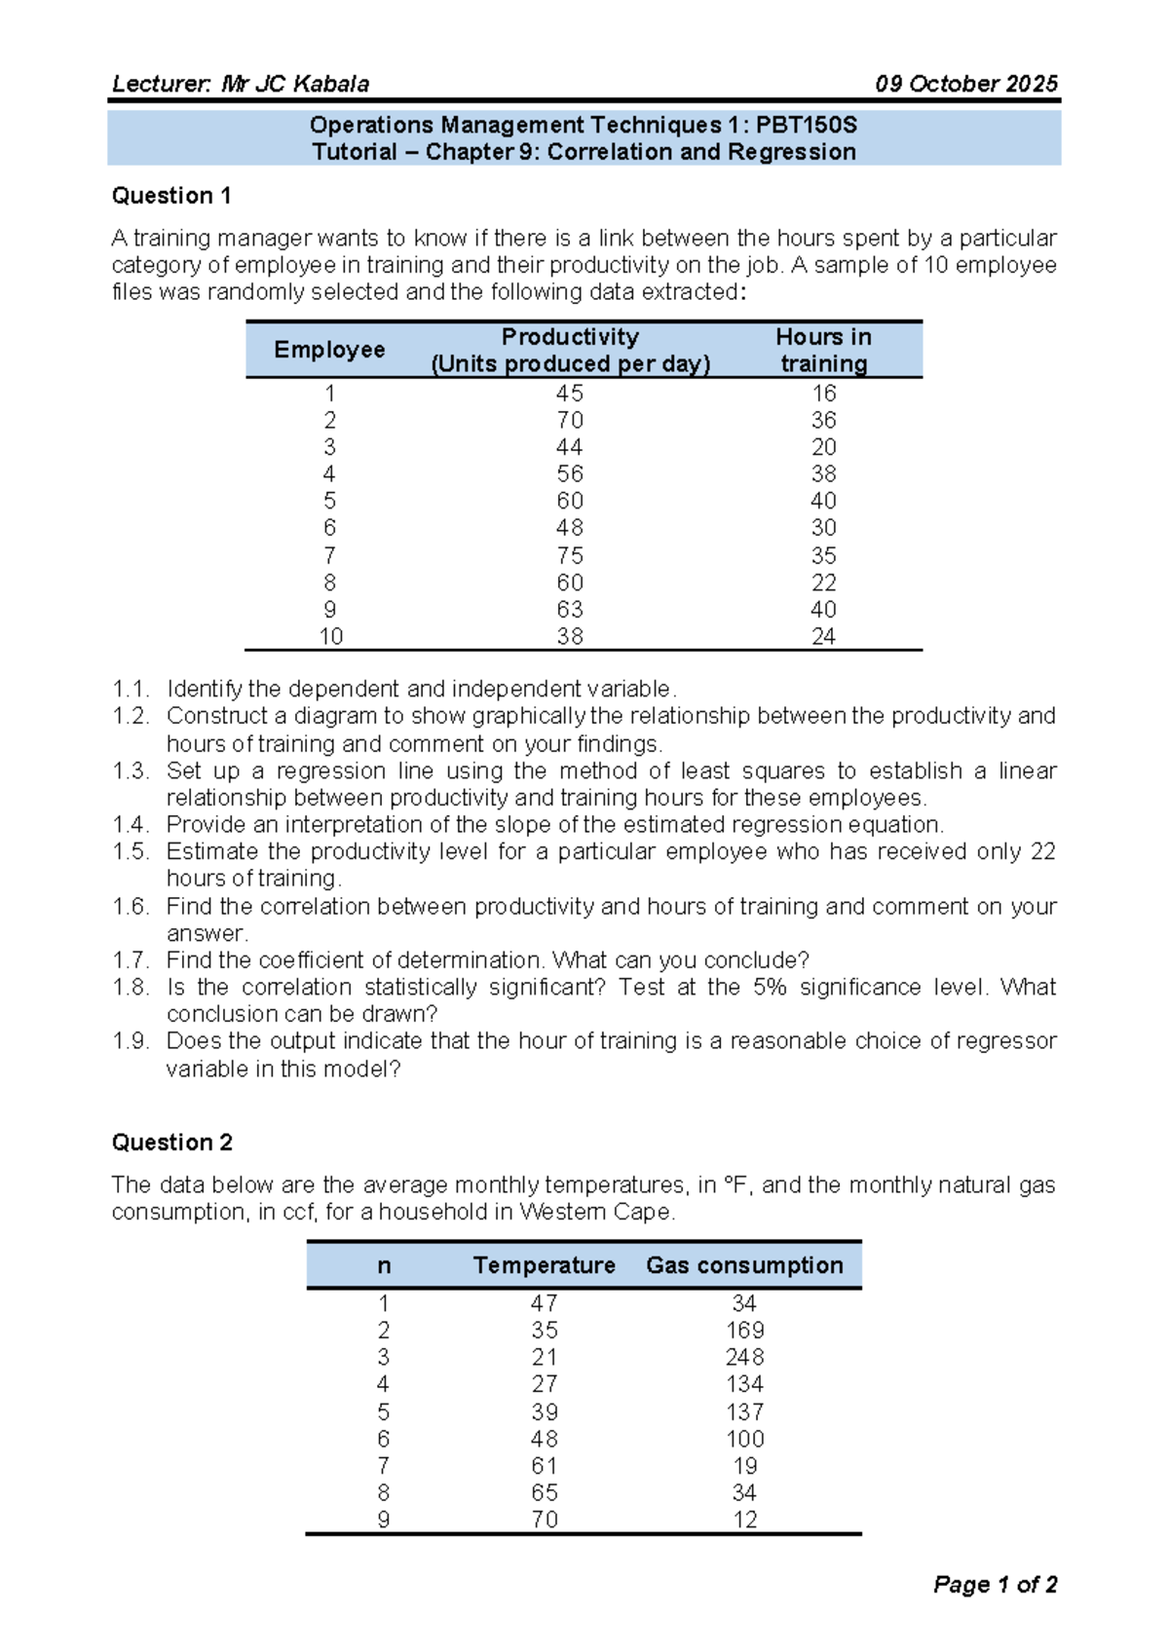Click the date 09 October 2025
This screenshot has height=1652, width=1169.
[x=965, y=84]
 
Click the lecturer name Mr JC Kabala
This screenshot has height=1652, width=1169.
[x=295, y=84]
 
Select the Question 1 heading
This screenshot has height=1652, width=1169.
[x=171, y=196]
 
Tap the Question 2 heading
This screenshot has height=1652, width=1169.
[x=171, y=1143]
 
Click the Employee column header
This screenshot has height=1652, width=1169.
[x=329, y=350]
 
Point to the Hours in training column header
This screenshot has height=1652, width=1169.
[x=823, y=350]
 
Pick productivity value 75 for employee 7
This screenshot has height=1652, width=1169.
[x=569, y=555]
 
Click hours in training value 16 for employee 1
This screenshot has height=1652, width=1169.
[x=823, y=394]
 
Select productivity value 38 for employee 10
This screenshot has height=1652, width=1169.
[x=569, y=636]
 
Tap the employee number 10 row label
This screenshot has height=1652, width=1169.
[x=330, y=636]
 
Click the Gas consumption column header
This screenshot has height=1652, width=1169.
[x=744, y=1265]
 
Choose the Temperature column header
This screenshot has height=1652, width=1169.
[x=544, y=1265]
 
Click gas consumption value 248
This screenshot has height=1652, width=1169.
[x=744, y=1357]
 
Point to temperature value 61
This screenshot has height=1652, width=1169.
[x=544, y=1466]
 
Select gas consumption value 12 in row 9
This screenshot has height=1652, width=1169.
[x=744, y=1520]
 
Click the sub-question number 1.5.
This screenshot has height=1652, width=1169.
[x=130, y=851]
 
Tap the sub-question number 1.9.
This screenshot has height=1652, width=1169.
[x=130, y=1041]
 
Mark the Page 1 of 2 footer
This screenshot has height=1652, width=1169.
[x=995, y=1585]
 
